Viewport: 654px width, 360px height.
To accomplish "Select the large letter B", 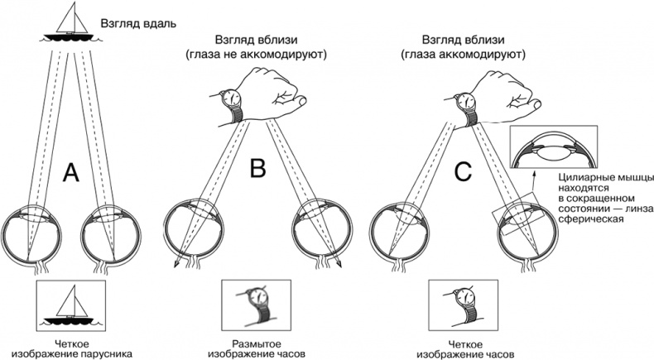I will (x=257, y=169).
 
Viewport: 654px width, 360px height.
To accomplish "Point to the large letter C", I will (x=463, y=171).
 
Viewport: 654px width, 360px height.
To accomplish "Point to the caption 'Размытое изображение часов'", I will (x=257, y=348).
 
